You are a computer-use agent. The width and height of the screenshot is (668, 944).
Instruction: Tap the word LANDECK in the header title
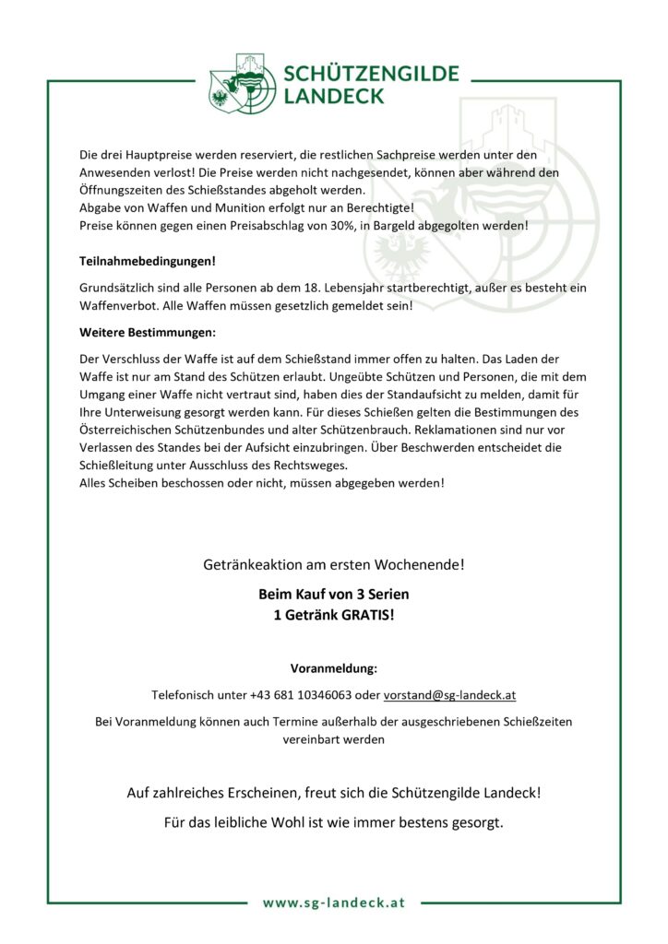(x=334, y=95)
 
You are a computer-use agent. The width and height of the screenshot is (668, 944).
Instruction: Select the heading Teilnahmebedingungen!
(x=147, y=261)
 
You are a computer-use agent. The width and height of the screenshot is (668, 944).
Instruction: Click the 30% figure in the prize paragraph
(x=336, y=225)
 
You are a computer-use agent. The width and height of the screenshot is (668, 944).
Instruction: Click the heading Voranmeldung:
(x=333, y=667)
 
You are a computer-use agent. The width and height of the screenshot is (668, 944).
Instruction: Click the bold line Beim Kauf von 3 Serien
(x=333, y=596)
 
